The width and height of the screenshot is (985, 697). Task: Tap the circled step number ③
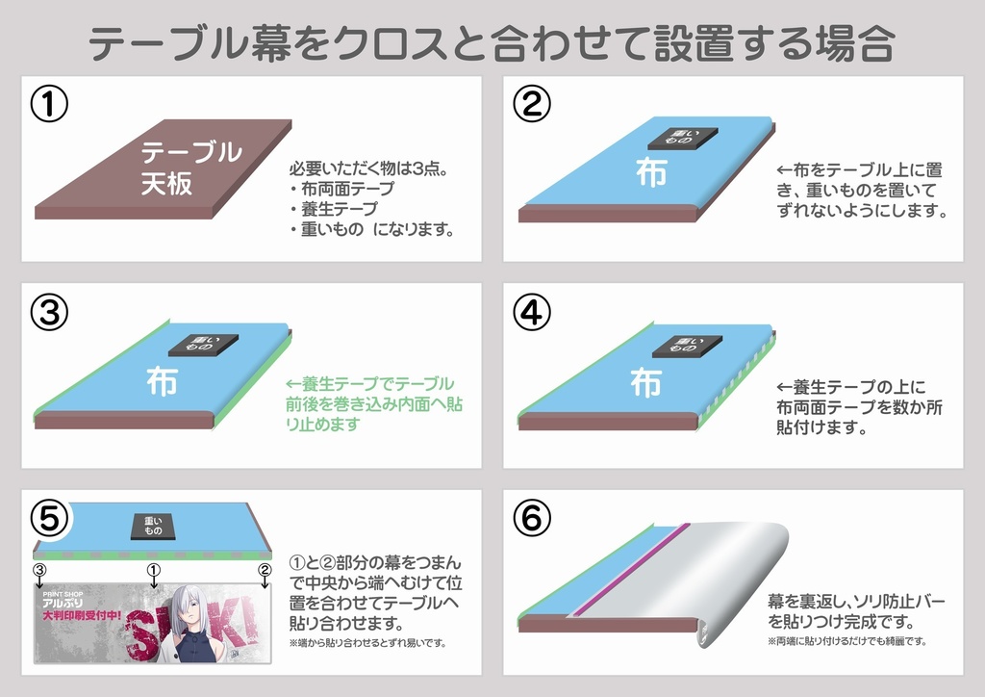click(49, 312)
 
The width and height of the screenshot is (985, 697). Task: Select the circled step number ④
click(531, 312)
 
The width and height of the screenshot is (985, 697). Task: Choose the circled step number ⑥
click(531, 519)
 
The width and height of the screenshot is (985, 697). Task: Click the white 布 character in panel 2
click(650, 172)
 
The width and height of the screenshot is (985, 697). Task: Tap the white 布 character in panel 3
click(162, 379)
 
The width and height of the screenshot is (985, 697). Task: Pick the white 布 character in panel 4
click(645, 381)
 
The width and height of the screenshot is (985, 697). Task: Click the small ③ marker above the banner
click(39, 570)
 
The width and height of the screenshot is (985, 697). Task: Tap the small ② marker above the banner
click(264, 570)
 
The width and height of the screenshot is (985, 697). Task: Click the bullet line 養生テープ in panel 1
click(334, 209)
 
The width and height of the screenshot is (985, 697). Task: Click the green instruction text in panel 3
click(370, 403)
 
